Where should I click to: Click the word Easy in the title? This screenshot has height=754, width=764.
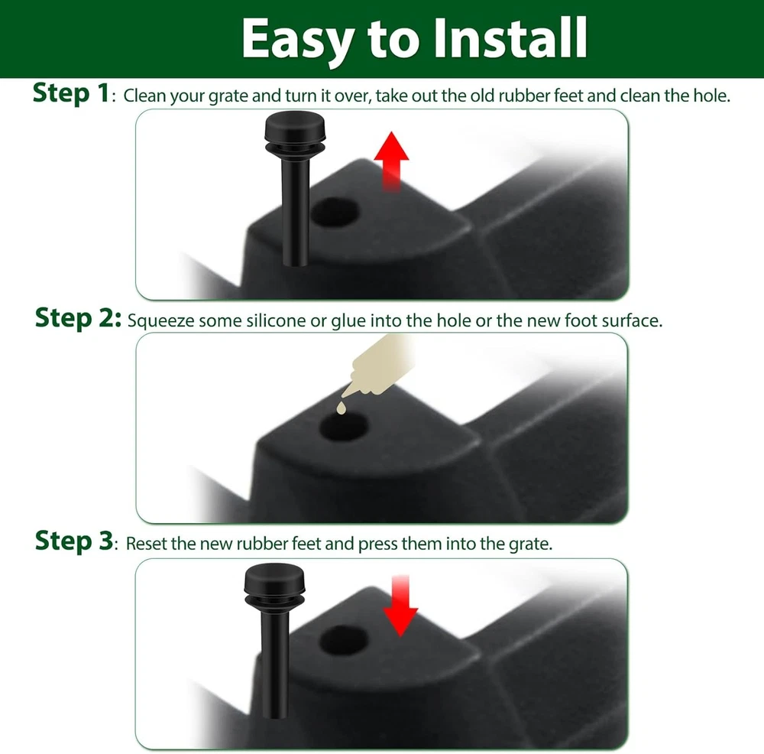[x=297, y=40]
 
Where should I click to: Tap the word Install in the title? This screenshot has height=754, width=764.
[x=510, y=38]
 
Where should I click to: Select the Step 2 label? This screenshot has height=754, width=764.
[x=78, y=318]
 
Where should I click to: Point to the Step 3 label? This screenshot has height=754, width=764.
[x=74, y=541]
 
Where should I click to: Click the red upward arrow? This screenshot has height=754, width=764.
[x=391, y=161]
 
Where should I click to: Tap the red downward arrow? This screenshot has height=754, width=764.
[x=400, y=606]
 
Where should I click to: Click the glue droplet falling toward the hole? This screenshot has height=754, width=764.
[x=341, y=408]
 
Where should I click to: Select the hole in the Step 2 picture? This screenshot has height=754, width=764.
[x=343, y=427]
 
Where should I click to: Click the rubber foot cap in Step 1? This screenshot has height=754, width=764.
[x=295, y=132]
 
